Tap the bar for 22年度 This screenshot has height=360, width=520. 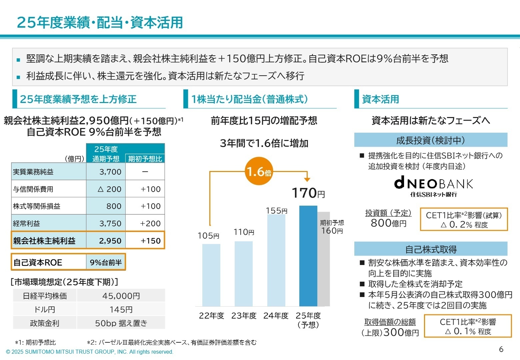coord(211,275)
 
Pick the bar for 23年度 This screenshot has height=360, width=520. coord(243,274)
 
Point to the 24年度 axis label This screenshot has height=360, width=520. coord(276,316)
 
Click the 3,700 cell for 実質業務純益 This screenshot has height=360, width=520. coord(106,172)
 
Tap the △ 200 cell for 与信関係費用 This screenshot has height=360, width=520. coord(106,189)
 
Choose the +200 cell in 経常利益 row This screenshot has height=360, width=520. coord(145,223)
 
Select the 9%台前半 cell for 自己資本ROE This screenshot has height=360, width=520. coord(106,263)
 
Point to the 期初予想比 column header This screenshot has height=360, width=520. coord(145,159)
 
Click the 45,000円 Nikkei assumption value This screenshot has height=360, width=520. coord(121,296)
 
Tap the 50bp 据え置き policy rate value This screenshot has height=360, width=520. coord(121,323)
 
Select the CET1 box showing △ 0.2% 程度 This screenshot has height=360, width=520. coord(464,220)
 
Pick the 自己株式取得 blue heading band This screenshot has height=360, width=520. coord(431,249)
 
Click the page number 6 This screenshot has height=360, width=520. coord(501,349)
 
